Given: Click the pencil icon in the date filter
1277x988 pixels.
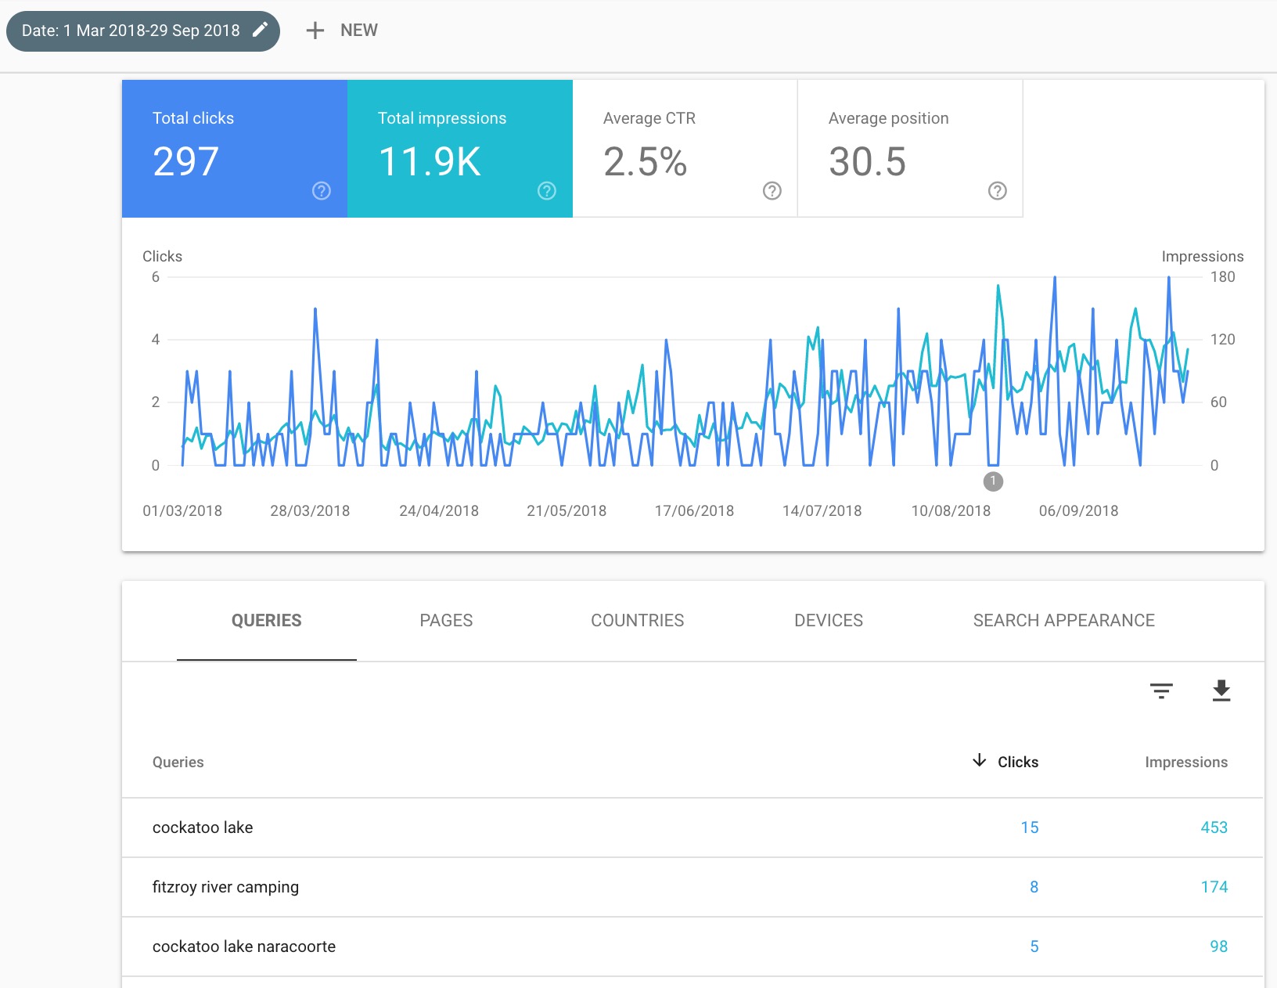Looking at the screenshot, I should click(261, 30).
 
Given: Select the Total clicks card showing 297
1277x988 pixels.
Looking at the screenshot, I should click(234, 148).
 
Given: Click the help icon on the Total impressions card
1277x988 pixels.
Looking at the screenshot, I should click(547, 190).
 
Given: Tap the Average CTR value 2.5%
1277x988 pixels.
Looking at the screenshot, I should click(645, 162).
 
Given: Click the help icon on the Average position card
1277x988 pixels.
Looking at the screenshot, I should click(997, 190).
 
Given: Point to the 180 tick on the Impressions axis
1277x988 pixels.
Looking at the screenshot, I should click(1222, 276).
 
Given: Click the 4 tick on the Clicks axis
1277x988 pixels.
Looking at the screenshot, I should click(156, 339).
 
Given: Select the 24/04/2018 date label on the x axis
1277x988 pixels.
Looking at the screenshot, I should click(438, 510).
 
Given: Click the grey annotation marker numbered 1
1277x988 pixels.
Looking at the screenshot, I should click(993, 481).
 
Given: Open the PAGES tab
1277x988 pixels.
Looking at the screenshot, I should click(446, 620).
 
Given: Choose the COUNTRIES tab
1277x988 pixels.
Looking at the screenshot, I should click(637, 620).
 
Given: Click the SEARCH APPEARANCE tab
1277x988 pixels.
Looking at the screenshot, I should click(1063, 620).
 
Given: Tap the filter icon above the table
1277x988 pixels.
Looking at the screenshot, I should click(1161, 691).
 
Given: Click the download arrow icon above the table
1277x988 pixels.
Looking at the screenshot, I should click(1221, 691).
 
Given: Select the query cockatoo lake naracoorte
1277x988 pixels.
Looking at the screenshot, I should click(243, 946).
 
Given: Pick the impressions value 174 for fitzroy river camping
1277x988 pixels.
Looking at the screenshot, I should click(1214, 886).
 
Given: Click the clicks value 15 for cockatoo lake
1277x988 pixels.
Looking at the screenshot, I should click(1029, 827).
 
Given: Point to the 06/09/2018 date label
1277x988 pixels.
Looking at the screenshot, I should click(1078, 510).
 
